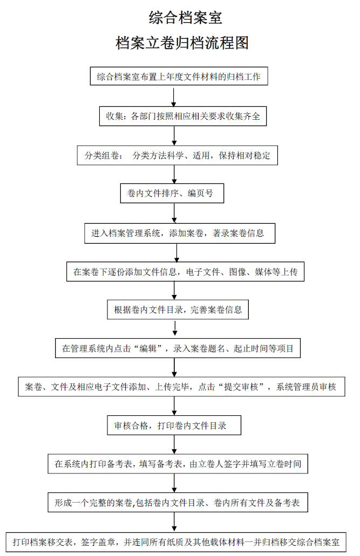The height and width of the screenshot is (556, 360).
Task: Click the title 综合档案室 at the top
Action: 185,18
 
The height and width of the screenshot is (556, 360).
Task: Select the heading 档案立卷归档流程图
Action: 182,43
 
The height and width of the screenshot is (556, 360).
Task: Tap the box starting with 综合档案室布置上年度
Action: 179,76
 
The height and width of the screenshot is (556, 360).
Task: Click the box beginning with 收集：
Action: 183,116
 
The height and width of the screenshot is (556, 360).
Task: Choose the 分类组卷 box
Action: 177,155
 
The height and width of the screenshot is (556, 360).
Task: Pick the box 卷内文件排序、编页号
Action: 172,193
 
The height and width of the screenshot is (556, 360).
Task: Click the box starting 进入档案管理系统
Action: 180,233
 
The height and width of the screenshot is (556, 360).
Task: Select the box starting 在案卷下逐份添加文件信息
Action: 185,272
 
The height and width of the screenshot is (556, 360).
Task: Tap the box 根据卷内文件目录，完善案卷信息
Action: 178,310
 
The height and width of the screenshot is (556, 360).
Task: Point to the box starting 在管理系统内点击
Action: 178,348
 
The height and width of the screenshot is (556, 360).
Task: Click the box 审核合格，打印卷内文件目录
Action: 174,425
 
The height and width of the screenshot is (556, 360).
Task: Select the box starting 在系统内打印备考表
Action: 178,463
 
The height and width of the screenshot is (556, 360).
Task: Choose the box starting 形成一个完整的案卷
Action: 178,502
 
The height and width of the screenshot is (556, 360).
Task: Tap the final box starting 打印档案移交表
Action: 176,542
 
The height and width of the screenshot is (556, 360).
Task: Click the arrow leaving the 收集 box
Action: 174,135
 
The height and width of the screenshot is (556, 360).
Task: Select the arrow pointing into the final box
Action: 174,521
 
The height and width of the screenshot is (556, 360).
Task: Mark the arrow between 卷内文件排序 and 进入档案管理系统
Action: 174,213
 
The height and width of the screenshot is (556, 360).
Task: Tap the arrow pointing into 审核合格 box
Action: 174,406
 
